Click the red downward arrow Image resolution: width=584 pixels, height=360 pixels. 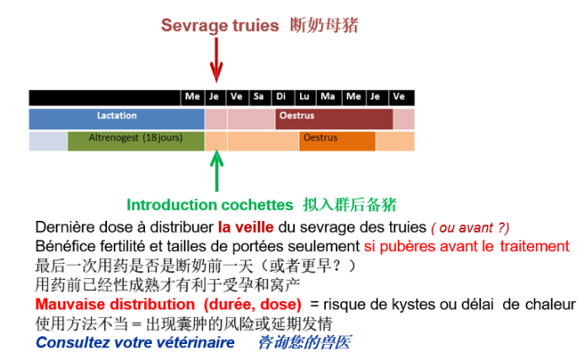(216, 60)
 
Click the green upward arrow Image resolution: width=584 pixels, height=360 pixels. (217, 171)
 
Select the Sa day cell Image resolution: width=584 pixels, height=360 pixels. (260, 98)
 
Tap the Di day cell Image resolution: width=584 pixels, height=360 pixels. (282, 98)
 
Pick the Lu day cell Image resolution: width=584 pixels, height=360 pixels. (305, 98)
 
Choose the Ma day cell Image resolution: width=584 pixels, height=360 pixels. (329, 98)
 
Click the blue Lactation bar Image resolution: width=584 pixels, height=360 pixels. (116, 119)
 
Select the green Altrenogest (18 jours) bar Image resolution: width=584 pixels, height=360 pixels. (136, 141)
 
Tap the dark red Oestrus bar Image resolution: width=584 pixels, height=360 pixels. (334, 119)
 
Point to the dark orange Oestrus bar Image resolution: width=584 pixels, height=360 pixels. (337, 141)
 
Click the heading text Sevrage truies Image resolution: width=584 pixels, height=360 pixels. (220, 25)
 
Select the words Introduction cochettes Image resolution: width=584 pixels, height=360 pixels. (210, 205)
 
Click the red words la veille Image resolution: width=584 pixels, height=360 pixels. (246, 227)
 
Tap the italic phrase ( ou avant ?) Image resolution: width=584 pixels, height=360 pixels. (470, 228)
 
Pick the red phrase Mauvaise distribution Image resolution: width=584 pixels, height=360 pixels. (115, 304)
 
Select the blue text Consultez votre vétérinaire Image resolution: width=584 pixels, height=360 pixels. (135, 342)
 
